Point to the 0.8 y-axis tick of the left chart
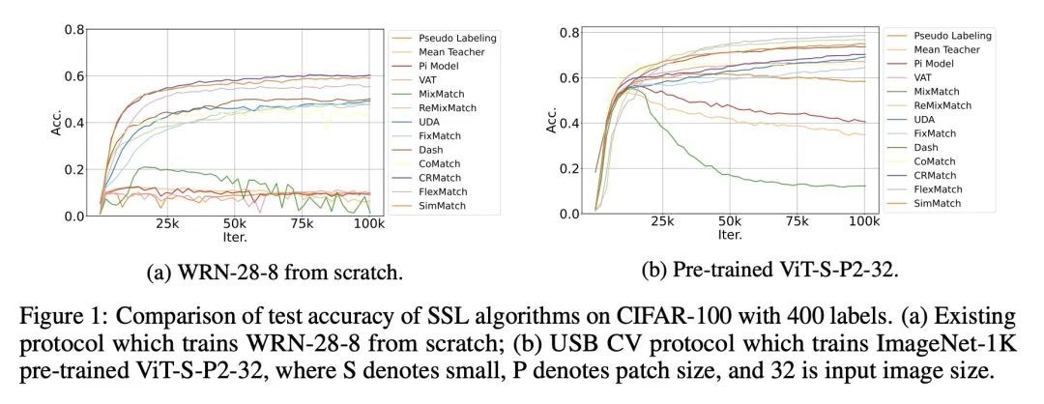74,29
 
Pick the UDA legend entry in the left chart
431,123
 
